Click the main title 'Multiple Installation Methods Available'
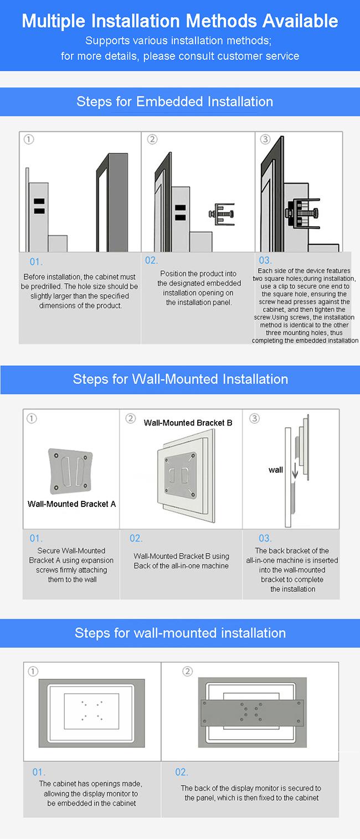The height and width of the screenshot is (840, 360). (x=180, y=21)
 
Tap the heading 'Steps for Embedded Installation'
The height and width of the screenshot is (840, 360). (x=174, y=101)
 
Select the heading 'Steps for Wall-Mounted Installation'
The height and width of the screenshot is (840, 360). (x=181, y=379)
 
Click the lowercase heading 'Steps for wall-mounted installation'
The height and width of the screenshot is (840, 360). (x=180, y=633)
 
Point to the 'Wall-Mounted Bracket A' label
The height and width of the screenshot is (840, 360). (x=72, y=504)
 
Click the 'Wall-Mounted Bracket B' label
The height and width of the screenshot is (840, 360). (x=188, y=423)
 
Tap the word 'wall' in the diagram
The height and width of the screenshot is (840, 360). (x=276, y=470)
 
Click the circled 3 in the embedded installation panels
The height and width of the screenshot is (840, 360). (x=265, y=139)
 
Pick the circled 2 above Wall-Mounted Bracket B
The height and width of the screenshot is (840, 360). (x=131, y=418)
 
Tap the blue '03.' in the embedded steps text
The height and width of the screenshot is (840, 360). (x=265, y=260)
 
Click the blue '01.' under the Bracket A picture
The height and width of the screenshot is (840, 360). (x=36, y=538)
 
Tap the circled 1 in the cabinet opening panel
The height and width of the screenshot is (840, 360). (x=33, y=672)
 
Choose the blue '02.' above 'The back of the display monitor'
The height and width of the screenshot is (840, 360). (x=182, y=772)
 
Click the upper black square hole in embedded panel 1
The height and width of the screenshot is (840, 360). (x=39, y=202)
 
